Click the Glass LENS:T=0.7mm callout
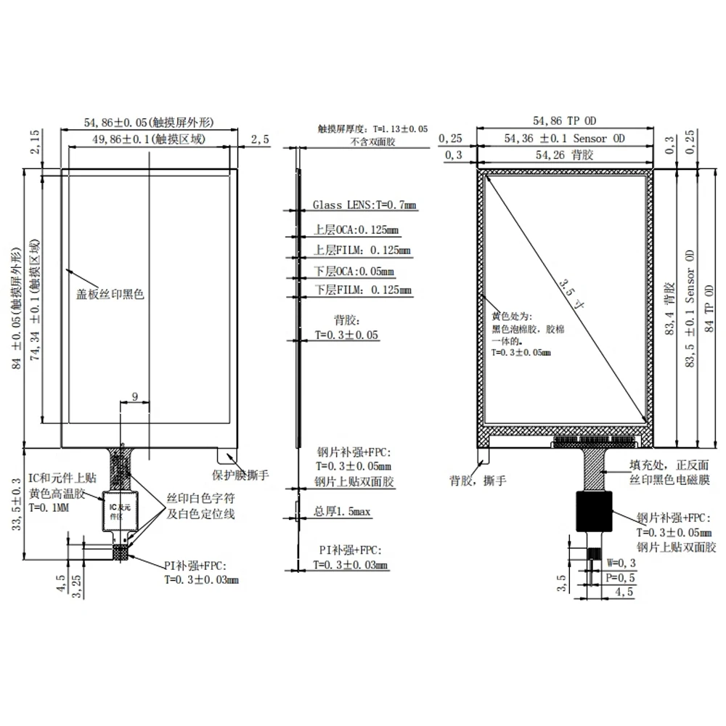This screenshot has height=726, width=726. pyautogui.click(x=365, y=206)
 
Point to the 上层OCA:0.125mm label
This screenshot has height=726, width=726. pyautogui.click(x=356, y=230)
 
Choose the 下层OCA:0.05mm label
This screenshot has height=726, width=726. pyautogui.click(x=354, y=272)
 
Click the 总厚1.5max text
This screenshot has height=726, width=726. pyautogui.click(x=343, y=512)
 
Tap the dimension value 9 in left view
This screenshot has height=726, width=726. pyautogui.click(x=134, y=396)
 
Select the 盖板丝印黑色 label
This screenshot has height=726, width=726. pyautogui.click(x=111, y=295)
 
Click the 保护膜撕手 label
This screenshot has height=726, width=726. pyautogui.click(x=240, y=476)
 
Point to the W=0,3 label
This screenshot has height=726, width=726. pyautogui.click(x=621, y=563)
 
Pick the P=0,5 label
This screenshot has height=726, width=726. pyautogui.click(x=621, y=577)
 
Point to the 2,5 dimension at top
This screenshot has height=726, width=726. pyautogui.click(x=259, y=138)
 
